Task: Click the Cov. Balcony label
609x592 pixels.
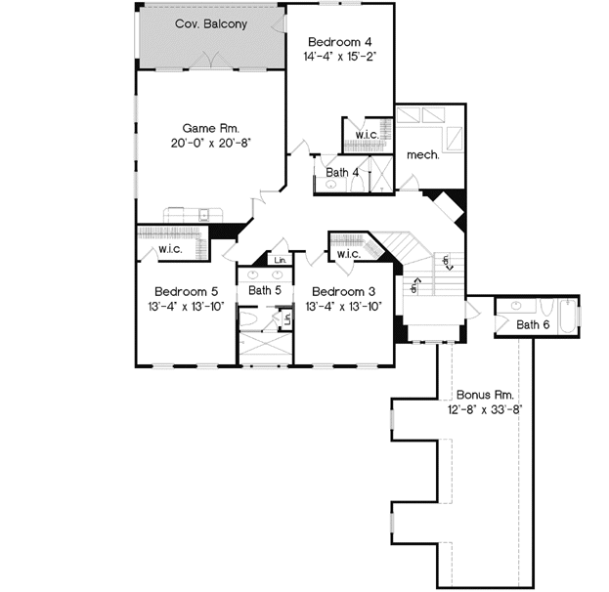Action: click(210, 23)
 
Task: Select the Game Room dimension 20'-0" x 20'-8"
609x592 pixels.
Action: click(211, 143)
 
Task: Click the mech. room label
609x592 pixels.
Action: click(423, 154)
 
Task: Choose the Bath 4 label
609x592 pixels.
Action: click(342, 173)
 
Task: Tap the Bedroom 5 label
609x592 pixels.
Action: click(186, 291)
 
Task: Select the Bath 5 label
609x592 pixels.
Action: click(265, 291)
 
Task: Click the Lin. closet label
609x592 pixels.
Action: click(280, 260)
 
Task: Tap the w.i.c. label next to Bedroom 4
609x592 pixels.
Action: click(367, 135)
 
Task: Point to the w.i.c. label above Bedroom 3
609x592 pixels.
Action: click(349, 254)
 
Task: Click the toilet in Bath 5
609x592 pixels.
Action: click(249, 318)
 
